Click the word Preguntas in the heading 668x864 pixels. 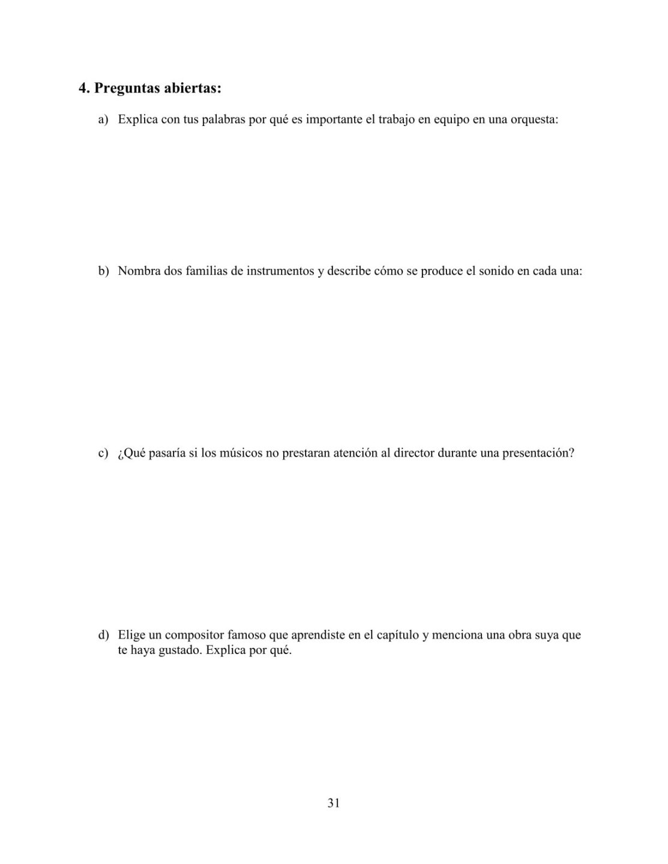(x=126, y=89)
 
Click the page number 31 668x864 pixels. (x=334, y=803)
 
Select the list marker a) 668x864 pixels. (x=103, y=119)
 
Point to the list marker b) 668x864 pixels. (x=104, y=271)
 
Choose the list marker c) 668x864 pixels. (x=103, y=453)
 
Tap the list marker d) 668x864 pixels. (x=104, y=635)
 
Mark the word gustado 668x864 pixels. (x=179, y=650)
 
